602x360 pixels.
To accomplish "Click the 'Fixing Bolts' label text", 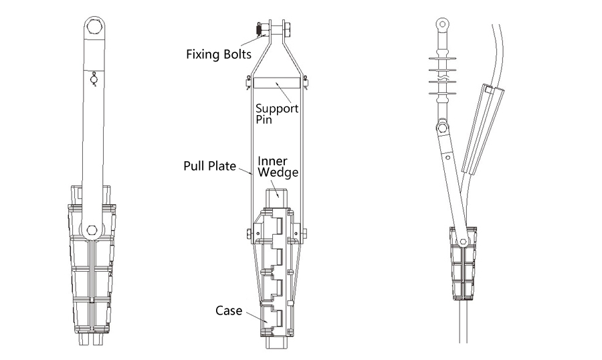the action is click(x=219, y=54).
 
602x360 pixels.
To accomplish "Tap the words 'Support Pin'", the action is click(x=277, y=114).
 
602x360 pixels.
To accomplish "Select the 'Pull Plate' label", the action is click(x=209, y=166).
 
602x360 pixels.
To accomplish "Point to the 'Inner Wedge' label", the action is click(x=278, y=167).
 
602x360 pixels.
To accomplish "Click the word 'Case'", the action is click(x=229, y=310).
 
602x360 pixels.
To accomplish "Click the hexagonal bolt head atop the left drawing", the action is click(x=94, y=27).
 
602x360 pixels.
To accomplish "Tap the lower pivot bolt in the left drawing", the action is click(x=92, y=230).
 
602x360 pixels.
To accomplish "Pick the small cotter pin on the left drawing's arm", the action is click(x=94, y=80).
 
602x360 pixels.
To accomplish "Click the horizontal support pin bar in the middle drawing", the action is click(x=277, y=82).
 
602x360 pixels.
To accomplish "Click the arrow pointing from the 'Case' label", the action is click(x=257, y=317).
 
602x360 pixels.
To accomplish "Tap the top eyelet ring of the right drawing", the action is click(x=443, y=24).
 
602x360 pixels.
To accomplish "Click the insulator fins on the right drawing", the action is click(x=443, y=76).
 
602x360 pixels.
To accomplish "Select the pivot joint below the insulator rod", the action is click(x=442, y=126).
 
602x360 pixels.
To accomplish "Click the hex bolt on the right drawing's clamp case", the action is click(x=464, y=242).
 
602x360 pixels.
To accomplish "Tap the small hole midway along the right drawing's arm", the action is click(x=448, y=157).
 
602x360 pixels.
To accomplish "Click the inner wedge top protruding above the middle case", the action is click(x=277, y=199).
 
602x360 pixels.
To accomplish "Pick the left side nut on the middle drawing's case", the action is click(x=249, y=234).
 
